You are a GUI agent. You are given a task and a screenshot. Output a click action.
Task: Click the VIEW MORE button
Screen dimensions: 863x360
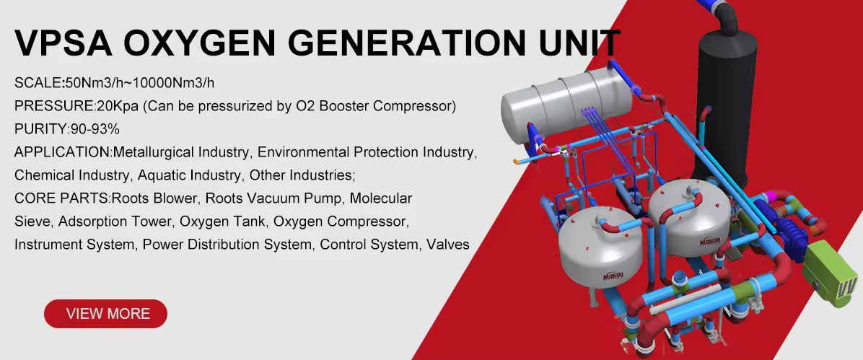click(105, 314)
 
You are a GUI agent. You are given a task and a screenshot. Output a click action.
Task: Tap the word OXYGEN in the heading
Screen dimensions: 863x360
click(199, 43)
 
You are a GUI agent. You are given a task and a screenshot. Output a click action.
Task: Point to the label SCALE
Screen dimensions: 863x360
click(38, 83)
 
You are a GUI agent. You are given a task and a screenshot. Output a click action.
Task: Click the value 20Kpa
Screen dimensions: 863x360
click(117, 106)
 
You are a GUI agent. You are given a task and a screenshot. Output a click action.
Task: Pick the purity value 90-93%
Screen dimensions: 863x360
click(95, 129)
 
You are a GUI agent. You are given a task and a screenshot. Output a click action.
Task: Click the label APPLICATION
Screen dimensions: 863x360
click(61, 152)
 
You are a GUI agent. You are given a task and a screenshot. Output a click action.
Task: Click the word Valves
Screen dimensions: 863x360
click(448, 245)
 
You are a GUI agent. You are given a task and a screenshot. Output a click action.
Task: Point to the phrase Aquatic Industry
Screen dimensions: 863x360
click(189, 175)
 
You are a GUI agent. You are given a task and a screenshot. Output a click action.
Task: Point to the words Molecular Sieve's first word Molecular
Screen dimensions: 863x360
click(381, 198)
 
